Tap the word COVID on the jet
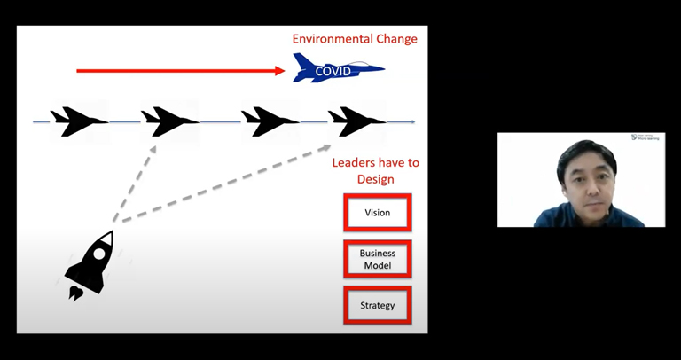coord(333,71)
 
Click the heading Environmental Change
coord(355,39)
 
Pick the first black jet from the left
coord(78,121)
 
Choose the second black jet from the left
coord(169,121)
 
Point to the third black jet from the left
coord(270,121)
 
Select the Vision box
coord(378,213)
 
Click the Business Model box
coord(378,259)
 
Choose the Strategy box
coord(378,306)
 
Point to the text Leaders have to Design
coord(375,171)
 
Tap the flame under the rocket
coord(76,292)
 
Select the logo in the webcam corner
coord(646,137)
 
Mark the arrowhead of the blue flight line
coord(411,121)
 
